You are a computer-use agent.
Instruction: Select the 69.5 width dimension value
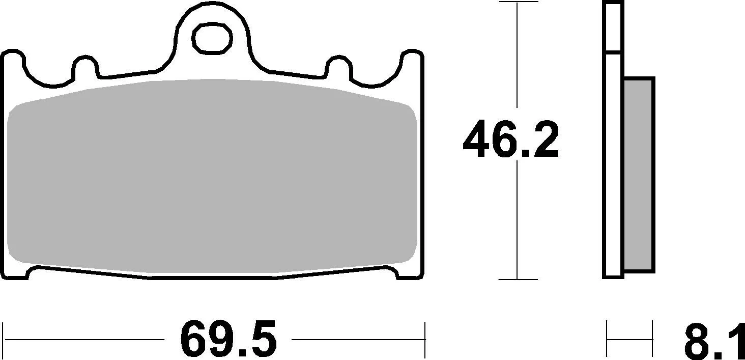tap(228, 339)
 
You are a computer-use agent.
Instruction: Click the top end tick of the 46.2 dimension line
tap(518, 3)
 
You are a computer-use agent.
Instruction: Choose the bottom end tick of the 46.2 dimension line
tap(518, 279)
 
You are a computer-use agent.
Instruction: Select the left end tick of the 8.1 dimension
tap(607, 339)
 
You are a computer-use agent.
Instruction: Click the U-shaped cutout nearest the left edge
tap(48, 71)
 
